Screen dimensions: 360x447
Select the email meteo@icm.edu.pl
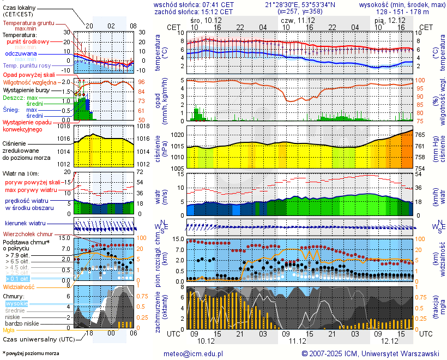click(x=194, y=353)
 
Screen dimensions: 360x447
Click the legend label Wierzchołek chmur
click(x=30, y=233)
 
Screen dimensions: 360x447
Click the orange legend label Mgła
click(x=9, y=330)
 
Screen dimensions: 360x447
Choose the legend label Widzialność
click(x=19, y=286)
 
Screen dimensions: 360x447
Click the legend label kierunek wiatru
click(x=25, y=224)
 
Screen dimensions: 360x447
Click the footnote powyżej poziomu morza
click(x=31, y=353)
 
